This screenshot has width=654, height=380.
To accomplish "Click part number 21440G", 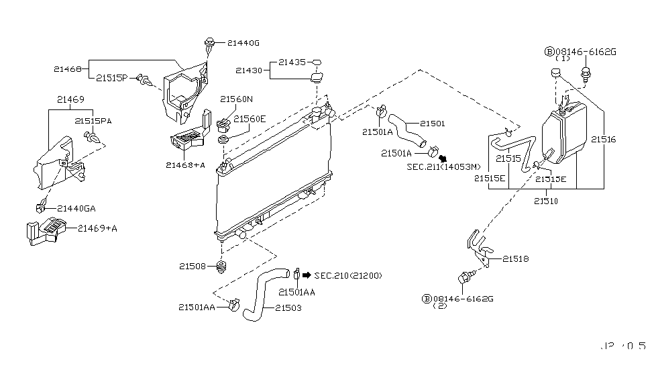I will pyautogui.click(x=242, y=43).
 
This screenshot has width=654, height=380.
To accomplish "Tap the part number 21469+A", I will pyautogui.click(x=97, y=228).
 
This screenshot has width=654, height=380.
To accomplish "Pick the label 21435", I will pyautogui.click(x=292, y=62).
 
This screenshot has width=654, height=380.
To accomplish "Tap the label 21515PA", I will pyautogui.click(x=92, y=120).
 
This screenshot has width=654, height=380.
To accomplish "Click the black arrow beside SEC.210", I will pyautogui.click(x=307, y=275).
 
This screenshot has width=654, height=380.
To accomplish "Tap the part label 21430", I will pyautogui.click(x=248, y=70).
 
